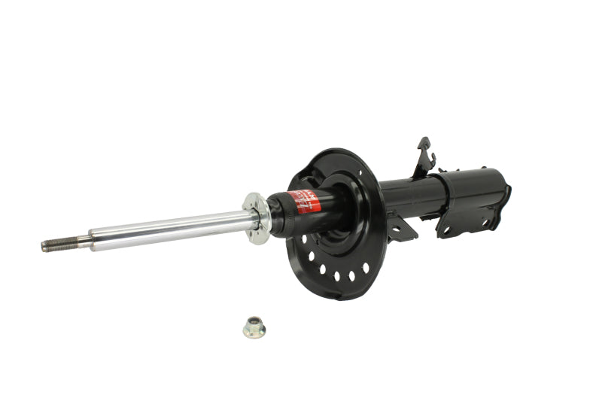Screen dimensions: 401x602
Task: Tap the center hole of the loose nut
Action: tap(254, 326)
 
